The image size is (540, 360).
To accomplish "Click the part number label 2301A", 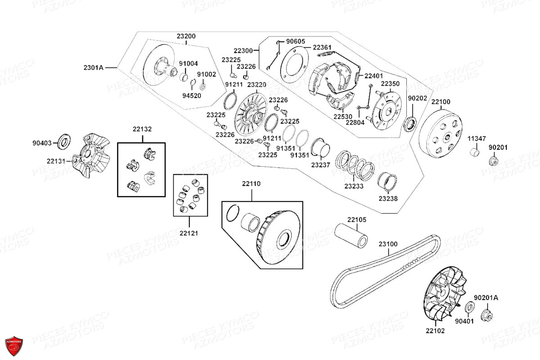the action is click(x=94, y=68).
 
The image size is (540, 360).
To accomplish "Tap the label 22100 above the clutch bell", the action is click(x=441, y=102).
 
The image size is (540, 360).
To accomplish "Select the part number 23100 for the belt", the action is click(x=388, y=244).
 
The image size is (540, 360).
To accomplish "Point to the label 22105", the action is click(x=356, y=220).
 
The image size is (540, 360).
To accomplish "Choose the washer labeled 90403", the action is click(x=64, y=142).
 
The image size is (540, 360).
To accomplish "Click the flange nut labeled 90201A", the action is click(x=486, y=315).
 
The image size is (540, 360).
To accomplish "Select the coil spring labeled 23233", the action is click(x=355, y=166).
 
